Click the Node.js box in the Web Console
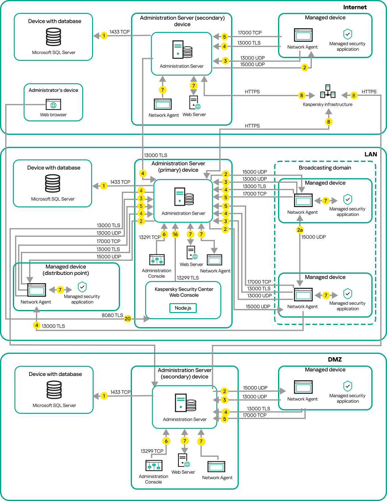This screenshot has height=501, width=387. pyautogui.click(x=183, y=308)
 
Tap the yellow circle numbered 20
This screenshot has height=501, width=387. pyautogui.click(x=128, y=319)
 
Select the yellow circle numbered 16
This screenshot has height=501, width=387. pyautogui.click(x=175, y=234)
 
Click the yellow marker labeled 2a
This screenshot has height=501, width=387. pyautogui.click(x=300, y=230)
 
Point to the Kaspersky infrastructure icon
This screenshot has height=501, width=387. pyautogui.click(x=328, y=92)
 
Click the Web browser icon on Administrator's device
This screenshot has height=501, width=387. pyautogui.click(x=53, y=104)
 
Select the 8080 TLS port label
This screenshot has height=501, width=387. pyautogui.click(x=112, y=315)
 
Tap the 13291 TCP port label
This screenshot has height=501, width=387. pyautogui.click(x=150, y=237)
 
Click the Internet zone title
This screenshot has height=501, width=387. pyautogui.click(x=355, y=7)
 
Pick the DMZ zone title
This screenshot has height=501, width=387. pyautogui.click(x=335, y=359)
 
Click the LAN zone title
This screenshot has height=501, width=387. pyautogui.click(x=370, y=154)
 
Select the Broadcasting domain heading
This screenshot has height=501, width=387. pyautogui.click(x=325, y=168)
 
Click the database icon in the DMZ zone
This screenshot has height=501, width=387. pyautogui.click(x=54, y=390)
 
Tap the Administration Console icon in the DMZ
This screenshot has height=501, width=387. pyautogui.click(x=154, y=466)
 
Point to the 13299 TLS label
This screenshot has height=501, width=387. pyautogui.click(x=188, y=278)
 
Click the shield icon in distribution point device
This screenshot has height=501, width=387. pyautogui.click(x=82, y=287)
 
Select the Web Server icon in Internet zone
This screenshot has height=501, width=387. pyautogui.click(x=194, y=103)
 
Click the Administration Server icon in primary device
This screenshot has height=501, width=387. pyautogui.click(x=184, y=197)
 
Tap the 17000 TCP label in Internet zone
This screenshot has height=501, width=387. pyautogui.click(x=250, y=33)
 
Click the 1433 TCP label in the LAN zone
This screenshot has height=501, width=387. pyautogui.click(x=120, y=182)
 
